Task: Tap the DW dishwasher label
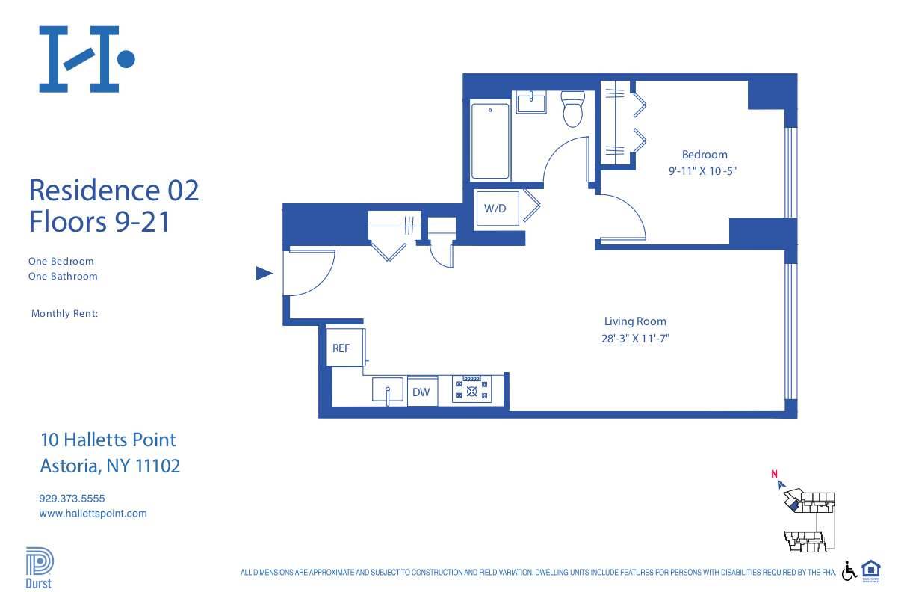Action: pos(422,392)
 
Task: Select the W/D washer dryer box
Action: pos(495,209)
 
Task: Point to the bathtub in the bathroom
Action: pos(490,141)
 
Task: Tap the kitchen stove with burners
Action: pos(471,389)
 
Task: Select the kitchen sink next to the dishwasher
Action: pos(388,391)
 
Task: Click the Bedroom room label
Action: pos(704,155)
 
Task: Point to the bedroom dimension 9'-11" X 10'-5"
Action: pos(703,170)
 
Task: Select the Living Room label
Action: pos(635,321)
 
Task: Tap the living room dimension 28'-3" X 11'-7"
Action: pos(634,338)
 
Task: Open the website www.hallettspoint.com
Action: pos(93,514)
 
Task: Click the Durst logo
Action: pos(39,567)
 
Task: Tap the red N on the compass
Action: pos(775,473)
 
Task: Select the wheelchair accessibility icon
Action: pos(849,570)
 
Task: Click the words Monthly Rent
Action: pos(64,314)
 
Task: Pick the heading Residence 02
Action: pos(114,190)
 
